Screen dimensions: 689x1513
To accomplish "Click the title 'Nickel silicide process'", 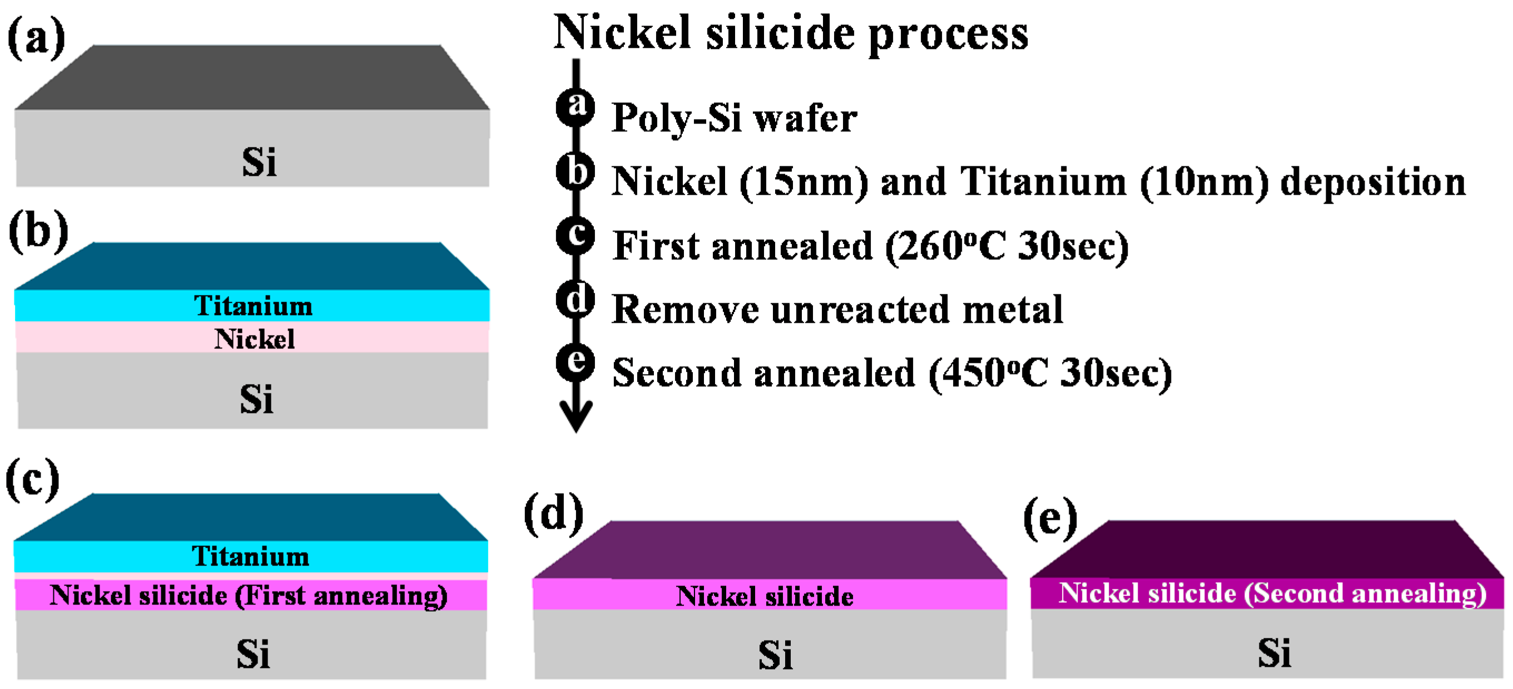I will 791,33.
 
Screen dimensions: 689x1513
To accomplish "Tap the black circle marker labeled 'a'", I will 576,107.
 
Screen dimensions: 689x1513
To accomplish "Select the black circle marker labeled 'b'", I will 576,171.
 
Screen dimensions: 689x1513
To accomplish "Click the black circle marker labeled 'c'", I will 576,235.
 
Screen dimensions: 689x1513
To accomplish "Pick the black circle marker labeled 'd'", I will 576,299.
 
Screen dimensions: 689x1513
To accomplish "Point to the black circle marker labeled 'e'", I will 576,362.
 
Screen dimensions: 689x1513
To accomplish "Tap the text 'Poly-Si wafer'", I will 734,119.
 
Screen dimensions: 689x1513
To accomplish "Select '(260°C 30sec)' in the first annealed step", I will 1006,247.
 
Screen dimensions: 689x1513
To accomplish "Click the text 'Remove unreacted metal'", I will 837,310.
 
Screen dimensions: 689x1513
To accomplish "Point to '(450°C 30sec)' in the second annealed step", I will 1050,374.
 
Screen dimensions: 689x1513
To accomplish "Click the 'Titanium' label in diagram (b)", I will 253,306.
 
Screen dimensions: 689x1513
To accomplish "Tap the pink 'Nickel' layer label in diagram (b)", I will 254,339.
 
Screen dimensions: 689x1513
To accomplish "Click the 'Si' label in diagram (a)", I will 259,163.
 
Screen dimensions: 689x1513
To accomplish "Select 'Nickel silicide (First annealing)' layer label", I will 249,596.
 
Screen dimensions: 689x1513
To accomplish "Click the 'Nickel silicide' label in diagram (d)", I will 764,597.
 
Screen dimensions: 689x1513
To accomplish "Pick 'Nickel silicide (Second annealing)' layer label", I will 1272,594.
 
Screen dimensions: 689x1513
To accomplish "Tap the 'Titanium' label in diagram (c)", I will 251,557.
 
